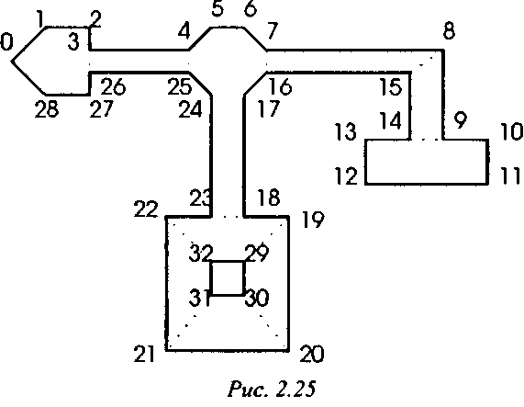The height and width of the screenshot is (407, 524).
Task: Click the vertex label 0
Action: coord(6,43)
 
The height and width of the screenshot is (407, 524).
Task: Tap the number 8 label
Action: coord(449,31)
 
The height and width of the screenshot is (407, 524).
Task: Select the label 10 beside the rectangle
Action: coord(512,131)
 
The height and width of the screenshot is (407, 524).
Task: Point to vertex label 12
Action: coord(346,175)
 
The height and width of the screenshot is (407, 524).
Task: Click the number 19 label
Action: coord(313,220)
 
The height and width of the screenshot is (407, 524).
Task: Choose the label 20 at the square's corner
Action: coord(312,354)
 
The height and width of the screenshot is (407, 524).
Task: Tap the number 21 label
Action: coord(144,354)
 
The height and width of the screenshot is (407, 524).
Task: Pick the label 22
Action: coord(146,209)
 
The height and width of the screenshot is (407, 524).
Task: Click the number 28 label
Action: coord(47,109)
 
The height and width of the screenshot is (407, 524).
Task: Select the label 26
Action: coord(113,86)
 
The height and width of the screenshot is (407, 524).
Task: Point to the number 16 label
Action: coord(280,86)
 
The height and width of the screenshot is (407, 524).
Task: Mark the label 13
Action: coord(346,131)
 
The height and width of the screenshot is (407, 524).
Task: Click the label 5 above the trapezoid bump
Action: coord(217,8)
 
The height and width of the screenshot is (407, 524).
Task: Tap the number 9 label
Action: coord(461,120)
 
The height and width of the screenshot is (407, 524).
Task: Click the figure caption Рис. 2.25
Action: coord(272,389)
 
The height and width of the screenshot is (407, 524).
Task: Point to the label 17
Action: coord(269,109)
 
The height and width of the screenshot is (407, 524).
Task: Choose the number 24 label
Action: coord(191,109)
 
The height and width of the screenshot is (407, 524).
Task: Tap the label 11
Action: coord(511,175)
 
